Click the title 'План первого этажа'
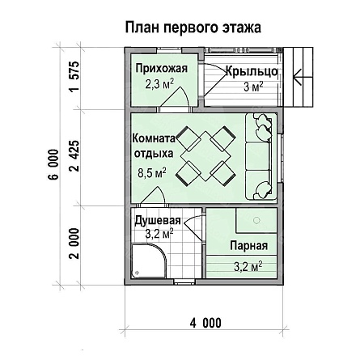193,28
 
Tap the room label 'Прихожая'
161,69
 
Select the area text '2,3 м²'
159,83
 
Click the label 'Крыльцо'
252,71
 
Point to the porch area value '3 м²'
253,87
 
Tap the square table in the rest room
205,156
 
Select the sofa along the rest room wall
260,157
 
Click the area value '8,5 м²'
152,173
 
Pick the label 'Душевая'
158,220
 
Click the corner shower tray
149,260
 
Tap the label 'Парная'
249,246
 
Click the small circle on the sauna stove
256,220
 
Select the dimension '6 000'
54,164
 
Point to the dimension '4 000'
205,323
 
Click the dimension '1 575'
74,77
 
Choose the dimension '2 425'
74,156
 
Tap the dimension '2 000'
74,244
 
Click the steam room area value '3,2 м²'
248,267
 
